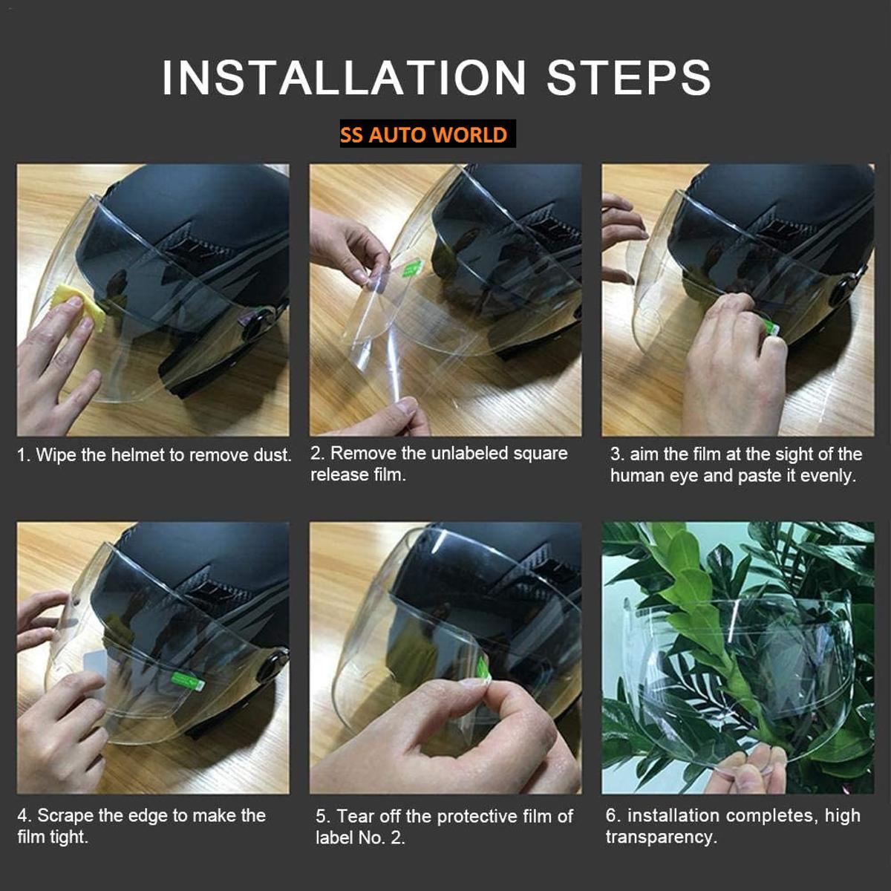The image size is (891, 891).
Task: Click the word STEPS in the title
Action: [x=629, y=77]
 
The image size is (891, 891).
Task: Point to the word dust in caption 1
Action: [x=272, y=455]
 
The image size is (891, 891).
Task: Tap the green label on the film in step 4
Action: [x=183, y=677]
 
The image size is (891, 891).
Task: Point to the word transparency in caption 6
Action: [x=660, y=837]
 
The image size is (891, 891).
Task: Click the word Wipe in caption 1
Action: [x=56, y=455]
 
